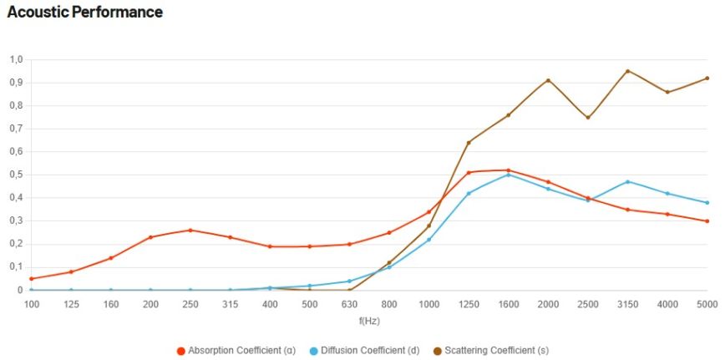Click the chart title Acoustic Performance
point(84,13)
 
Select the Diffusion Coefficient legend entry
point(368,350)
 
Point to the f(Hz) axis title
point(369,320)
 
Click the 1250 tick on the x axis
point(469,304)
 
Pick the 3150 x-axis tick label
point(627,304)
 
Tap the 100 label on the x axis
point(31,304)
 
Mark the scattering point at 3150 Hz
point(627,71)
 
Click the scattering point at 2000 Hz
point(548,80)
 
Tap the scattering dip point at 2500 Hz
point(588,117)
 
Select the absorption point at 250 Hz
point(190,231)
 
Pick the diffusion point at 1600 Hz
point(509,175)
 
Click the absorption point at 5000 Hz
point(707,221)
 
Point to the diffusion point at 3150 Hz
point(627,181)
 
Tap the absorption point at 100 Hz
point(31,279)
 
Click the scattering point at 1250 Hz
point(469,143)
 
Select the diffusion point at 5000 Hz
point(707,203)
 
